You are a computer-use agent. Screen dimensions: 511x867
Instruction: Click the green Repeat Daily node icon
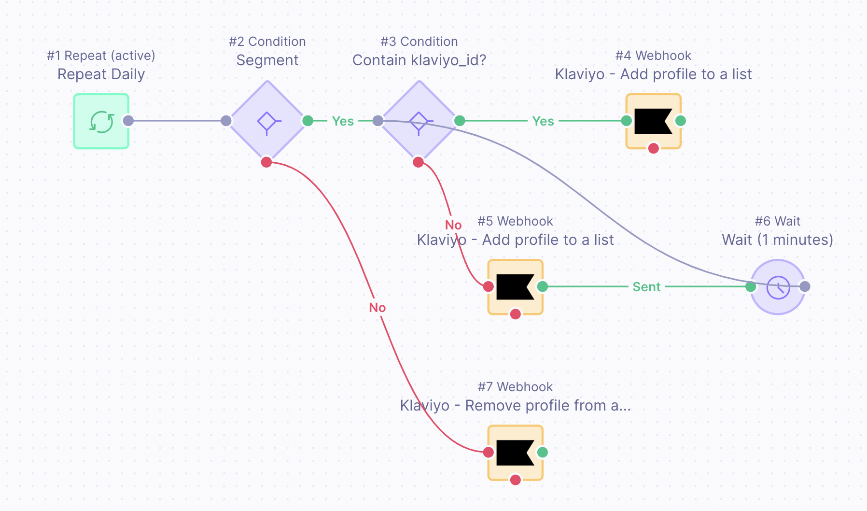coord(101,121)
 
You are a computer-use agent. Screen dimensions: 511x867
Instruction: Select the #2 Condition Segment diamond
coord(267,121)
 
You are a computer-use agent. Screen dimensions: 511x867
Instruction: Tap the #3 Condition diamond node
coord(419,121)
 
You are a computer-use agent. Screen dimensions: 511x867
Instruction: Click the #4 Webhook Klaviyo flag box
coord(653,121)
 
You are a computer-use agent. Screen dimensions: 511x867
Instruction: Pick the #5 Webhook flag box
coord(515,287)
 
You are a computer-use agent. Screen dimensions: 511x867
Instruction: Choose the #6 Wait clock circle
coord(778,287)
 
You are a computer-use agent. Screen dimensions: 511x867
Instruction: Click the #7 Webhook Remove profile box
coord(515,453)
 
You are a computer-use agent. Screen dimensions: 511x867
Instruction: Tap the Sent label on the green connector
coord(646,287)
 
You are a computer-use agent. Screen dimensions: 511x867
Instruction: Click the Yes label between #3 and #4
coord(543,121)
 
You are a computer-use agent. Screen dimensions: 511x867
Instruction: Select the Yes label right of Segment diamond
coord(343,121)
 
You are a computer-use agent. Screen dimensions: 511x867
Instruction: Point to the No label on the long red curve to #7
coord(378,308)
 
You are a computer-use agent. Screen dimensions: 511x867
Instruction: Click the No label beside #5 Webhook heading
coord(453,225)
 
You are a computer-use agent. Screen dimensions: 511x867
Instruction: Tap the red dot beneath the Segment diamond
coord(266,162)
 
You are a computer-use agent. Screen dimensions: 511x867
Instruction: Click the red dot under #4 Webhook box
coord(654,148)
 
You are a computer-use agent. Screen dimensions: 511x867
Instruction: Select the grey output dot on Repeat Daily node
coord(128,121)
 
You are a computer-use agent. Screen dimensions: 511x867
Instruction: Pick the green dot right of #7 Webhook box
coord(543,452)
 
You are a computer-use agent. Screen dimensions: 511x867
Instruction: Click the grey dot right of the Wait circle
coord(805,287)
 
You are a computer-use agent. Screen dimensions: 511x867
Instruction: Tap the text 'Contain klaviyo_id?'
coord(419,60)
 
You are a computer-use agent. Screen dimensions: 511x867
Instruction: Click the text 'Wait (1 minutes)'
coord(777,240)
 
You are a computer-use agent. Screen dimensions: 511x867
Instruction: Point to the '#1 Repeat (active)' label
coord(101,56)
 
